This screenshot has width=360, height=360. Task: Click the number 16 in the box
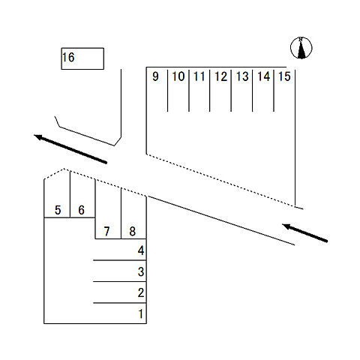click(68, 58)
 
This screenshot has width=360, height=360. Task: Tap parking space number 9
click(155, 76)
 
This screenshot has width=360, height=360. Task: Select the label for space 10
click(178, 76)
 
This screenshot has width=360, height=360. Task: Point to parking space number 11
click(199, 76)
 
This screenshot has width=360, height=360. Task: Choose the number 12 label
click(221, 76)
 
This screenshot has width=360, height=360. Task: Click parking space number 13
click(242, 76)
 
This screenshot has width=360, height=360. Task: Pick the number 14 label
click(264, 76)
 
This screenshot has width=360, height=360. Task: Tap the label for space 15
click(285, 76)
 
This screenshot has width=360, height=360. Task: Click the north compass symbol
click(301, 48)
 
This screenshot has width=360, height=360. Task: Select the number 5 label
click(58, 210)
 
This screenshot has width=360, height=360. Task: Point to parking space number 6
click(81, 210)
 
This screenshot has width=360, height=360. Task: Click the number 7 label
click(106, 232)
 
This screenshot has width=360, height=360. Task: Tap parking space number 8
click(133, 232)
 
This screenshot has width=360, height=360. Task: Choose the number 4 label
click(141, 250)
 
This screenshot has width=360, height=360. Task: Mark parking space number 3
click(141, 271)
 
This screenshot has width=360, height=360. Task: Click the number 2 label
click(141, 292)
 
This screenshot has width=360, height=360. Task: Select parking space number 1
click(141, 313)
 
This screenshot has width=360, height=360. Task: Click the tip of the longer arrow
click(34, 135)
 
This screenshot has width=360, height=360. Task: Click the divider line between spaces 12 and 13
click(231, 91)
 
